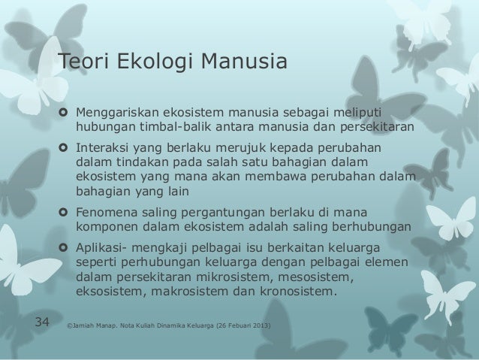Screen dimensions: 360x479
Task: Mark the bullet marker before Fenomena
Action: tap(63, 213)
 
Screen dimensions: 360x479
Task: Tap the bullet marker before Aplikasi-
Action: tap(63, 248)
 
